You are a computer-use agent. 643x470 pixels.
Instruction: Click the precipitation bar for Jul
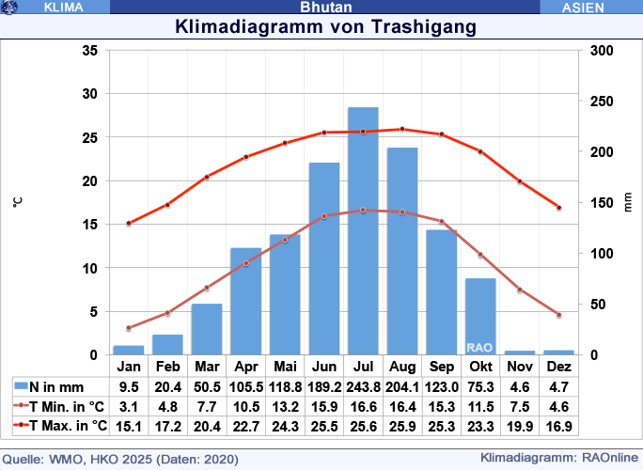point(363,231)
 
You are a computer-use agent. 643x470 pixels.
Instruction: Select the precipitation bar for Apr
point(246,301)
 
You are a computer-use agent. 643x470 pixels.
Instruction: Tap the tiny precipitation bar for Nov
point(519,352)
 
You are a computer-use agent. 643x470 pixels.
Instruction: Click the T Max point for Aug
point(402,129)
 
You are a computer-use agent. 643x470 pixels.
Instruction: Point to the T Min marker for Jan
point(129,328)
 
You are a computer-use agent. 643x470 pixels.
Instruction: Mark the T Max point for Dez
point(558,208)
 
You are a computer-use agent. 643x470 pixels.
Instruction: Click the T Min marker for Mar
point(207,288)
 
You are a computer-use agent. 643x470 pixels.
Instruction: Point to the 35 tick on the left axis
point(89,51)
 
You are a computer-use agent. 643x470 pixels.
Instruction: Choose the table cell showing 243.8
point(363,386)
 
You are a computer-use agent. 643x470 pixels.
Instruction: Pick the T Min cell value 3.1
point(129,406)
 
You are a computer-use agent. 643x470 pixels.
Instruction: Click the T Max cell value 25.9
point(402,426)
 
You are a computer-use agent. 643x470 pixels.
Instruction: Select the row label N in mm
point(56,386)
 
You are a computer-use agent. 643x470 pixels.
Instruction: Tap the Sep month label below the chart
point(441,367)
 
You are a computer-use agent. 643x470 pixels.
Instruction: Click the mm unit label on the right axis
point(628,202)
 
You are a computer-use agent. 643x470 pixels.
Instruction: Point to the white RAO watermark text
point(479,347)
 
